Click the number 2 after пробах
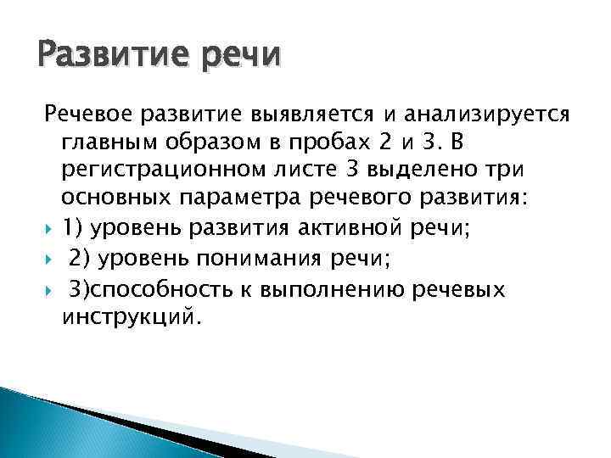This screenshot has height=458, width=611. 391,139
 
